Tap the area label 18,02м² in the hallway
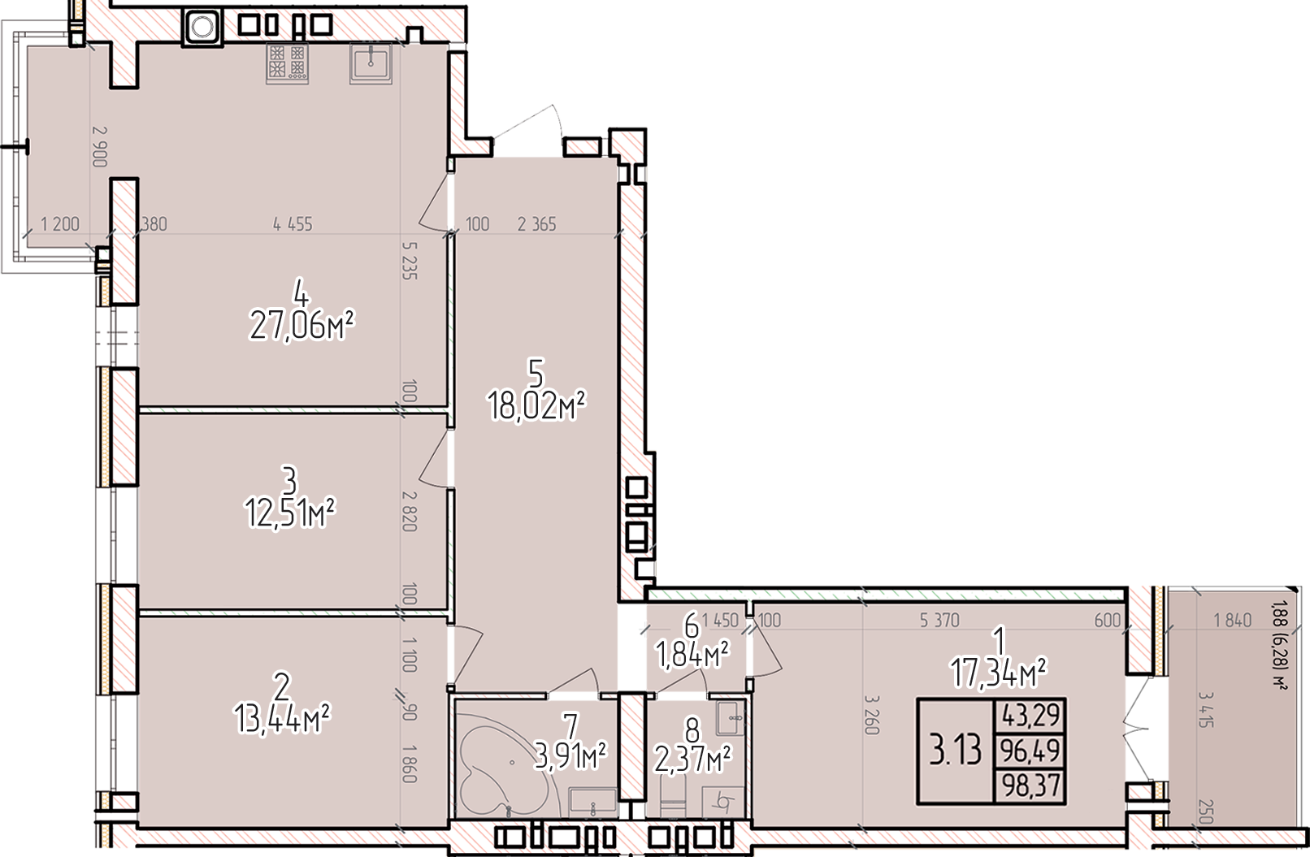[537, 406]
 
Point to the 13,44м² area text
[283, 717]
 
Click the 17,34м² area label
[998, 673]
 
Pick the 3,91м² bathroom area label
[570, 756]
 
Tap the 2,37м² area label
[693, 760]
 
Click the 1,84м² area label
[692, 656]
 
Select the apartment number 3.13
[956, 751]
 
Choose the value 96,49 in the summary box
[1031, 751]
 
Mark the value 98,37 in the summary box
[1031, 786]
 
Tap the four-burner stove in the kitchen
[287, 63]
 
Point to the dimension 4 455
[293, 224]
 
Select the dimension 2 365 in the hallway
[536, 224]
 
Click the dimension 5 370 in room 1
[939, 621]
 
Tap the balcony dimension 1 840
[1232, 621]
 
